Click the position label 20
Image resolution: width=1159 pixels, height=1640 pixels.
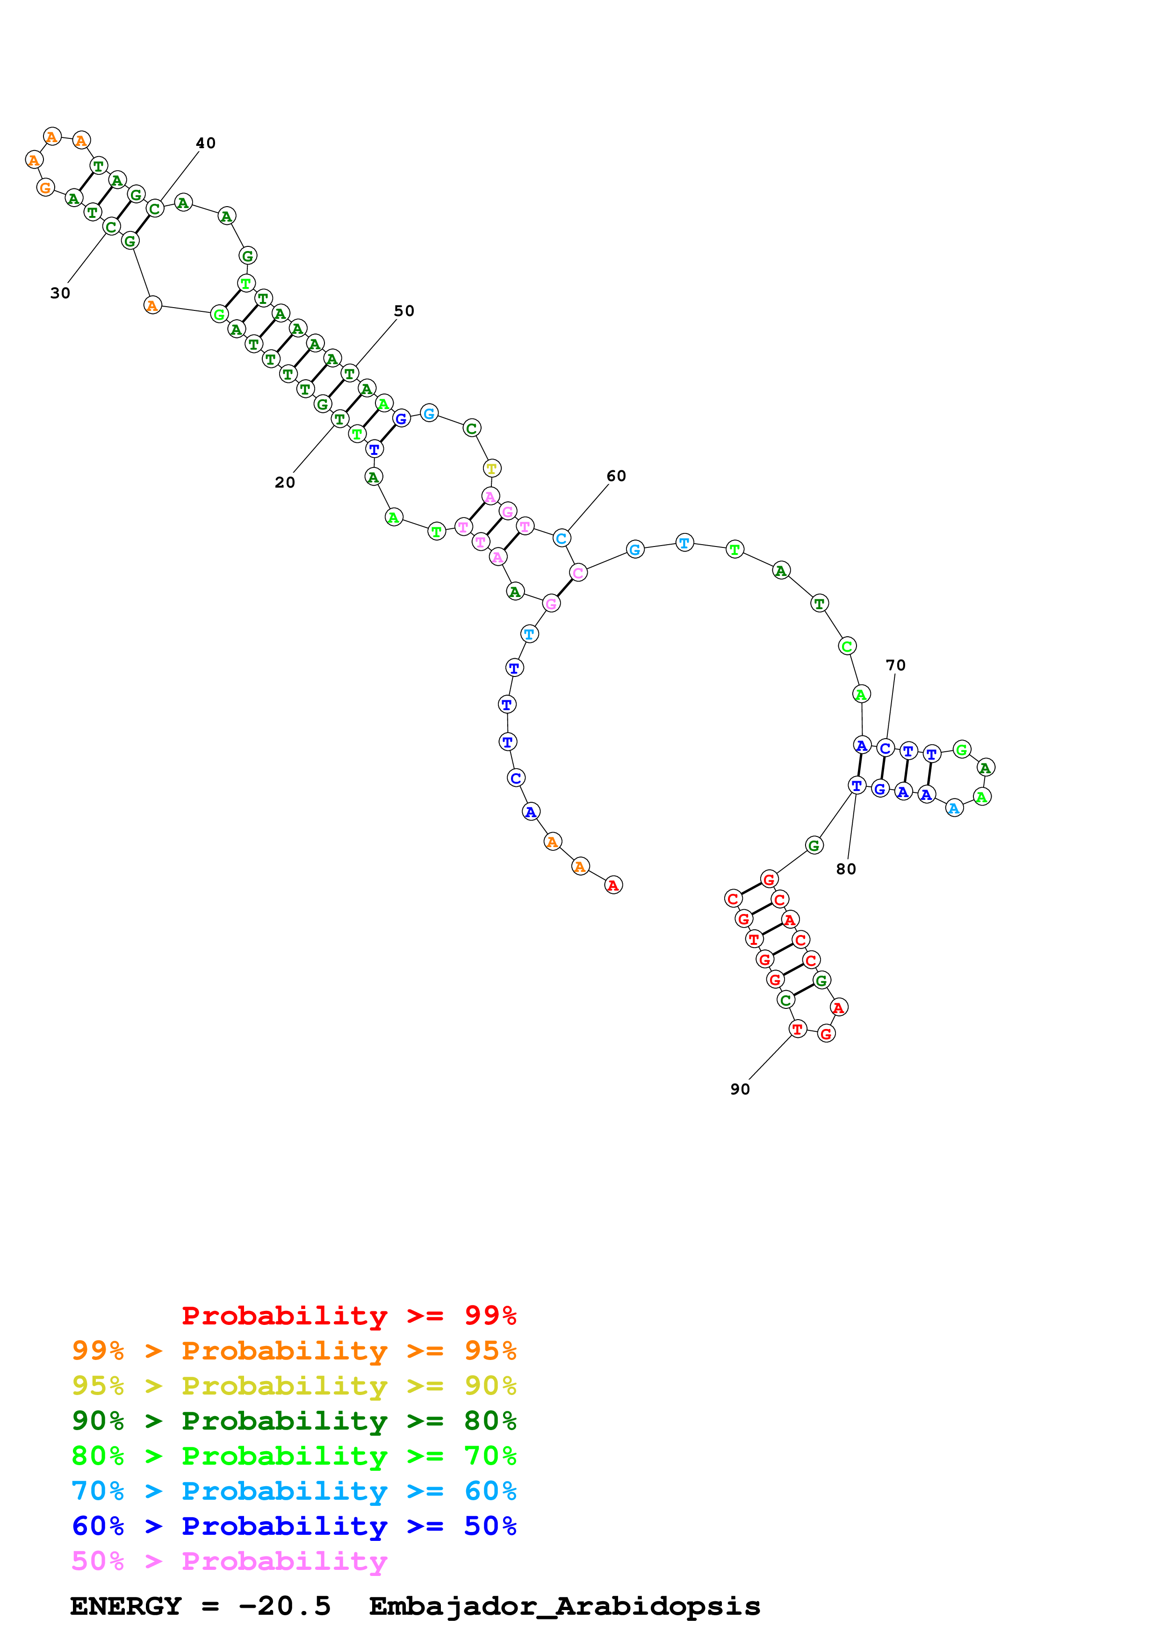point(284,483)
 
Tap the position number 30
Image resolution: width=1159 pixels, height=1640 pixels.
point(60,293)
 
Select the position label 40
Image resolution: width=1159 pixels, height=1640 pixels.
point(206,143)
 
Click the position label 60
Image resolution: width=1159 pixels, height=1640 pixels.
point(616,476)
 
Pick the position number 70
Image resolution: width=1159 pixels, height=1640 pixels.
point(895,665)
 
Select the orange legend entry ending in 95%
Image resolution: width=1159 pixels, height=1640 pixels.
point(294,1350)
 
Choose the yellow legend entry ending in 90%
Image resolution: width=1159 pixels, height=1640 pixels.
point(294,1385)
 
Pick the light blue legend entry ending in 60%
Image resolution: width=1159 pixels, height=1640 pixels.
point(294,1491)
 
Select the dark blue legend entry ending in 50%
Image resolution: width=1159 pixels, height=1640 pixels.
point(294,1526)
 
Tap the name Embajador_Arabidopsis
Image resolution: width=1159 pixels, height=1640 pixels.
point(564,1606)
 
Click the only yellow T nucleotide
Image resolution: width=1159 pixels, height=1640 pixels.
point(491,468)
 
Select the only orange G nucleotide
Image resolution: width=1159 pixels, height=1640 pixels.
point(45,188)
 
